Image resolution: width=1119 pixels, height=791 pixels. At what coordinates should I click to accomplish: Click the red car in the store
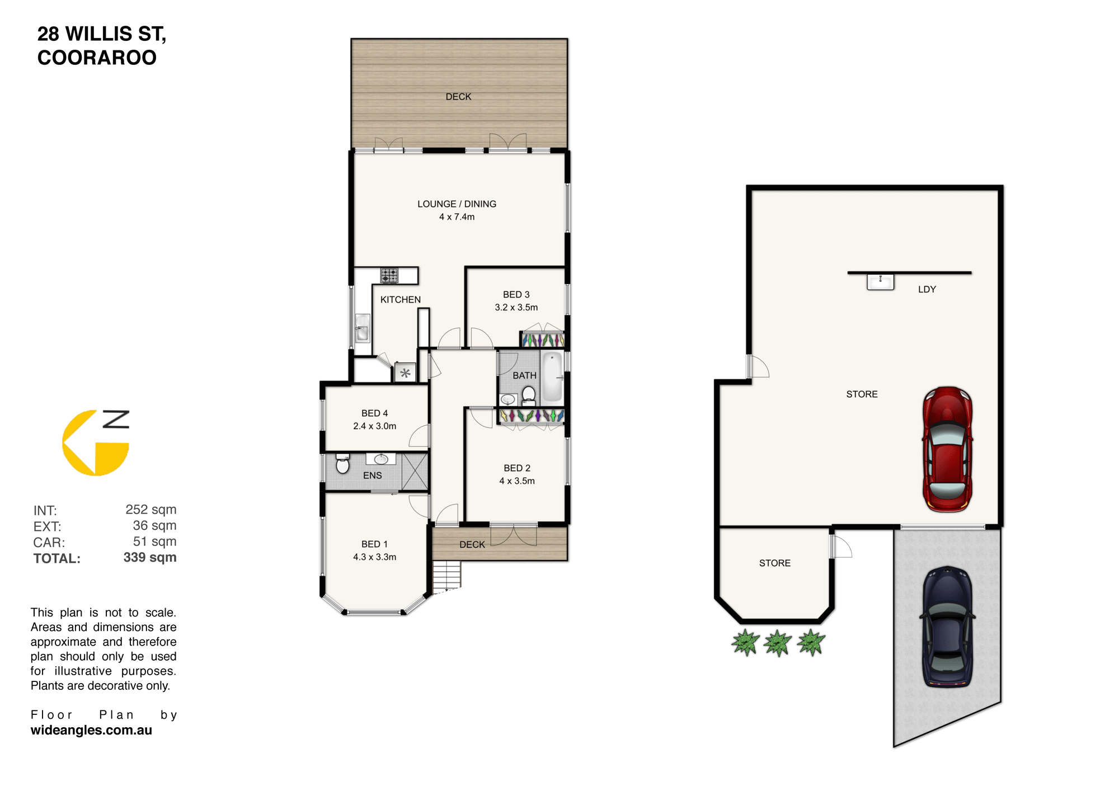(947, 449)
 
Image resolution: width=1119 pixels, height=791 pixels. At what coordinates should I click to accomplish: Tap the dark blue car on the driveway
(947, 627)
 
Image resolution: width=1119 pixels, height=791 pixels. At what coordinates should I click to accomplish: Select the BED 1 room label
(374, 544)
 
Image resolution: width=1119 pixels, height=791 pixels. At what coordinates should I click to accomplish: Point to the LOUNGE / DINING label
(457, 204)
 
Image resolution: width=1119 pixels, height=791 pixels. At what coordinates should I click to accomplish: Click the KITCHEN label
(401, 300)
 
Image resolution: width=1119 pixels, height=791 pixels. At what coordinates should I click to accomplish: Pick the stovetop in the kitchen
(389, 275)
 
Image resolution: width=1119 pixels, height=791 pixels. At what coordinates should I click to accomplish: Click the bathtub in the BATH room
(552, 376)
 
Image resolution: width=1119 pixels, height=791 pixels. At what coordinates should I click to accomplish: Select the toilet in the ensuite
(342, 464)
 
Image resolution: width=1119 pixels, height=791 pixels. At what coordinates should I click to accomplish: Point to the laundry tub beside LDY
(880, 281)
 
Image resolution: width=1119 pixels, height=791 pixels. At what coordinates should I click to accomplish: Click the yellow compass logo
(96, 442)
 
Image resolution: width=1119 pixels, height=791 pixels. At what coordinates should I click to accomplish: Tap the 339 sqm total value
(150, 558)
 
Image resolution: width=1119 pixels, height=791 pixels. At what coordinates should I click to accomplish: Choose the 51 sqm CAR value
(154, 542)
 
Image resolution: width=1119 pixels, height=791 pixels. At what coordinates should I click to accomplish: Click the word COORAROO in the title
(97, 58)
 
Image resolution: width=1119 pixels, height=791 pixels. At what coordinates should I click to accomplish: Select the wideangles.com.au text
(91, 730)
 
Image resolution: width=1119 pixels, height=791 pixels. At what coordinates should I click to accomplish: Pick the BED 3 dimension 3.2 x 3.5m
(516, 308)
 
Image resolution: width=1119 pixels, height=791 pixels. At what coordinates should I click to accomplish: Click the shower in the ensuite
(415, 472)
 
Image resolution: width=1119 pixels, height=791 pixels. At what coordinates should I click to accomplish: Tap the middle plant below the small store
(778, 643)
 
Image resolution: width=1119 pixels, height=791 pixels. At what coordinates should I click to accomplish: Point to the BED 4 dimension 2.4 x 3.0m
(374, 426)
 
